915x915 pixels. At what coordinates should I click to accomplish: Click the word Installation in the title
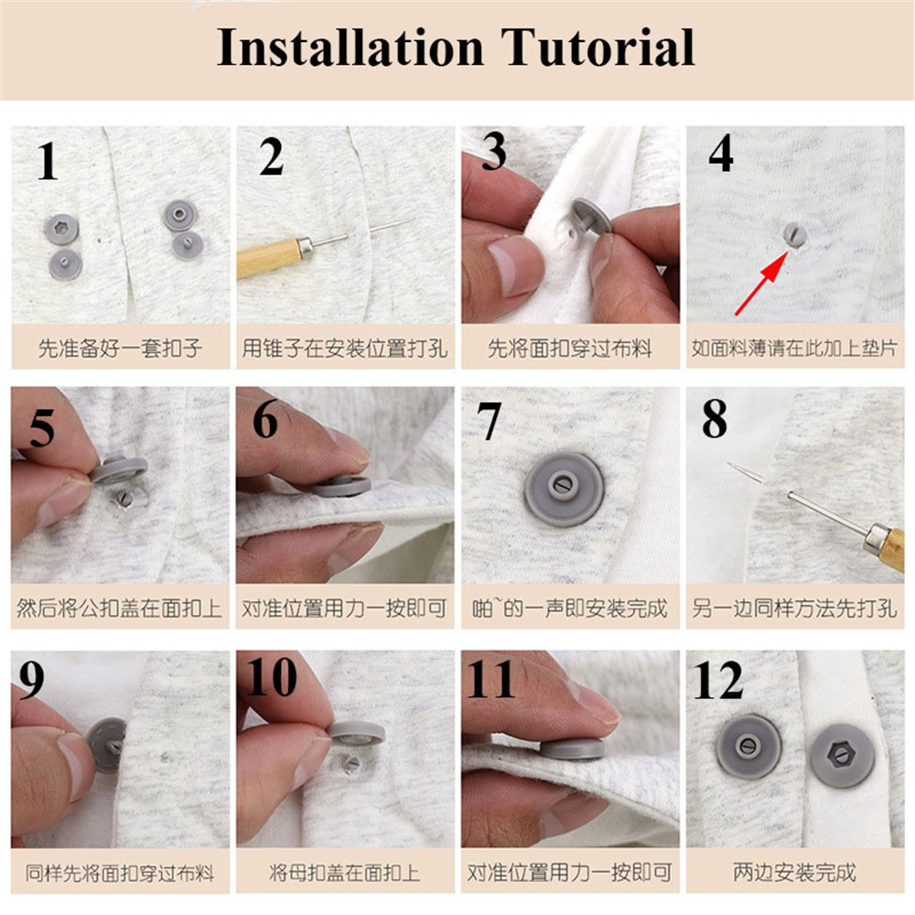click(350, 47)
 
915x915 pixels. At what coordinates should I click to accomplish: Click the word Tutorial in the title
click(597, 47)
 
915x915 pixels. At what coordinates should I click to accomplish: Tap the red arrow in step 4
click(761, 283)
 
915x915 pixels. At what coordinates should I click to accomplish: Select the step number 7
click(488, 421)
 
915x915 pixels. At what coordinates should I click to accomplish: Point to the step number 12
click(717, 680)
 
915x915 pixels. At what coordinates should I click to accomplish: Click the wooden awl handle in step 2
click(270, 257)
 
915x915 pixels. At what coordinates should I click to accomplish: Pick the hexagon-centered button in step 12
click(841, 756)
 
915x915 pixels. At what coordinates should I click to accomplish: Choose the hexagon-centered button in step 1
click(61, 229)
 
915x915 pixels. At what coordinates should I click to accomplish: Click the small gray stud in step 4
click(793, 234)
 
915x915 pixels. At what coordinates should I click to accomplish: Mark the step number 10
click(272, 677)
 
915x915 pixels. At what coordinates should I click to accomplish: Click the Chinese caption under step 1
click(120, 349)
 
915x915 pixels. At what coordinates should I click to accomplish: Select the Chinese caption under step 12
click(794, 872)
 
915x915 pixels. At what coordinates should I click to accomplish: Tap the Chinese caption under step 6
click(344, 608)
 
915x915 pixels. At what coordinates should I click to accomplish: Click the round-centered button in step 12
click(748, 746)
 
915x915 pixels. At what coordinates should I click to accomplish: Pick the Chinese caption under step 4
click(794, 349)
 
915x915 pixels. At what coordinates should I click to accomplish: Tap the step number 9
click(31, 681)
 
